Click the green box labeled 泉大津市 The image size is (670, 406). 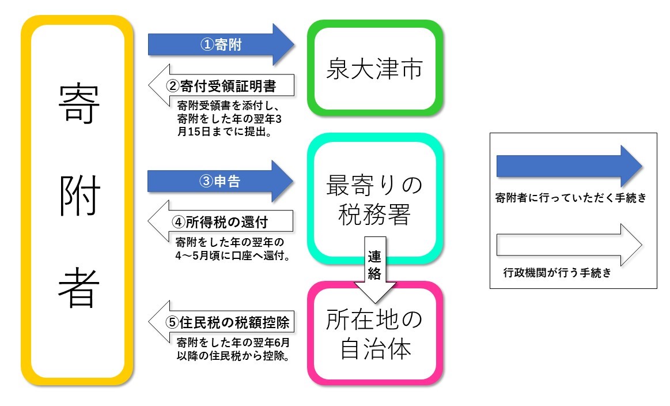[374, 69]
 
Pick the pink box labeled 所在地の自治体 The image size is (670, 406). [374, 333]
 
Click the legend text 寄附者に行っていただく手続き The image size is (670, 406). [571, 198]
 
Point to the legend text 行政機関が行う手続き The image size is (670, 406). [557, 273]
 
